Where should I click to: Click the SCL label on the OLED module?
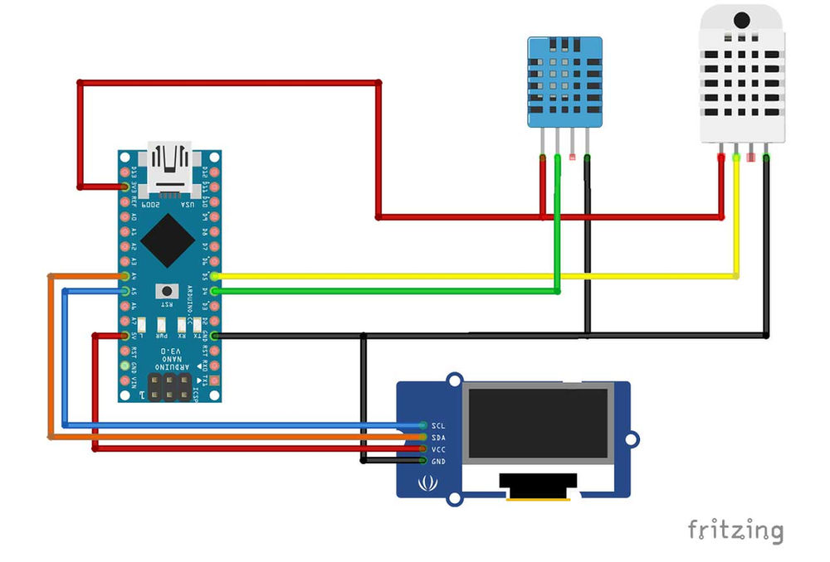click(438, 425)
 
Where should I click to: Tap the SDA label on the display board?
click(438, 437)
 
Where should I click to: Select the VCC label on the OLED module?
click(438, 448)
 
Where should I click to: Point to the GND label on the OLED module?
click(438, 460)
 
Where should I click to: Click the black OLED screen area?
click(540, 424)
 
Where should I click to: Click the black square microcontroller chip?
click(169, 237)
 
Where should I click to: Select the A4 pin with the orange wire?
click(125, 275)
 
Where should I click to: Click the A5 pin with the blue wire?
click(125, 290)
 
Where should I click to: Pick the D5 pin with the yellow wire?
click(215, 275)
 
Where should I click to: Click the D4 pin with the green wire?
click(215, 290)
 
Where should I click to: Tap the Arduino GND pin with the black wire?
click(215, 335)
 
